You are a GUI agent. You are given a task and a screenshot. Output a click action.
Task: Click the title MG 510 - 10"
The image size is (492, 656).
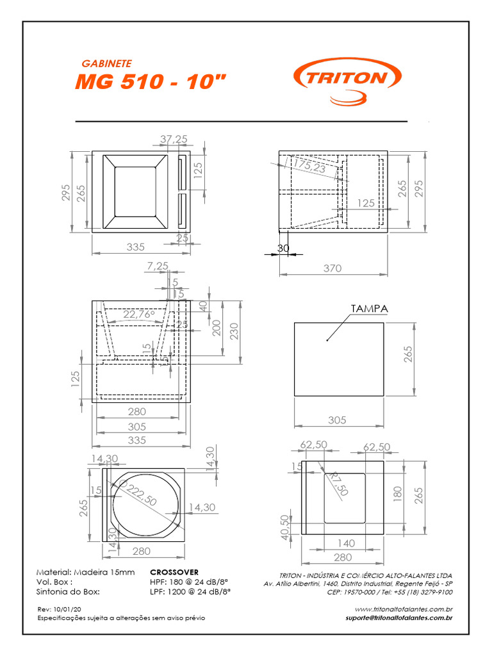point(151,82)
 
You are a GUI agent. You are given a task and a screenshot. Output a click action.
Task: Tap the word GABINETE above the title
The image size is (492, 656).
point(107,64)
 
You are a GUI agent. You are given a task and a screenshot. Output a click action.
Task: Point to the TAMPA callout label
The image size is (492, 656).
point(369,309)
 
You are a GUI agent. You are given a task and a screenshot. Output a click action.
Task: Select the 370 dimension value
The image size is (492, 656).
point(332,268)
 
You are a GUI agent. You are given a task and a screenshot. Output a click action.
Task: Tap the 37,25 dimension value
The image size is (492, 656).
point(173,139)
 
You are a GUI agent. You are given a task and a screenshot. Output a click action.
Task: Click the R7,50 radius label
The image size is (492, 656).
point(338,484)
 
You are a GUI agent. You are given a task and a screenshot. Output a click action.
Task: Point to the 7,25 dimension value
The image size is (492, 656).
point(157,265)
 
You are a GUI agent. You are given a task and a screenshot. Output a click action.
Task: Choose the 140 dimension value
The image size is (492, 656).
point(346,543)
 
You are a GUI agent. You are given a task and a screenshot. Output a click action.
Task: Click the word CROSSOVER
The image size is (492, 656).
point(174,571)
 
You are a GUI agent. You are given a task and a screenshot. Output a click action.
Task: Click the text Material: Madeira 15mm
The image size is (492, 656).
point(86,571)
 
